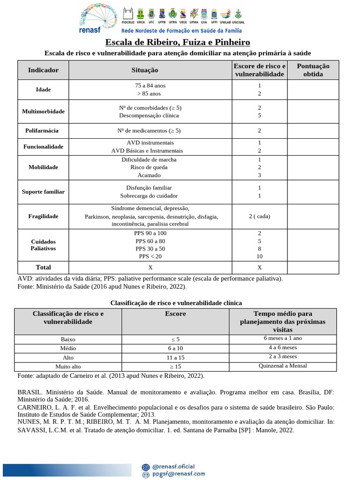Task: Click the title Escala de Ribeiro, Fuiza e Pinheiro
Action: pos(177,43)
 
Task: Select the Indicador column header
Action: pos(43,70)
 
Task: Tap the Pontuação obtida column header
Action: pos(313,70)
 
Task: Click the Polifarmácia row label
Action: pos(43,131)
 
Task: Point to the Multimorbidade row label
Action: pos(43,112)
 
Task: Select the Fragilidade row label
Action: pos(43,217)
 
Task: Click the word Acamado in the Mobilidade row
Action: pos(149,175)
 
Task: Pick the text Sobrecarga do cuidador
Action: pos(149,196)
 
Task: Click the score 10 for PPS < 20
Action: pos(259,256)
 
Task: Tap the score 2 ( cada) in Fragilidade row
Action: pos(259,217)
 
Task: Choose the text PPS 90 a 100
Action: pos(150,233)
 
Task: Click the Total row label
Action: pos(43,268)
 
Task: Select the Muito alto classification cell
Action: pos(68,367)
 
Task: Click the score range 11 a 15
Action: pos(175,357)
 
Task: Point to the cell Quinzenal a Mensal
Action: pos(283,366)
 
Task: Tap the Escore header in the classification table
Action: pos(175,314)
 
